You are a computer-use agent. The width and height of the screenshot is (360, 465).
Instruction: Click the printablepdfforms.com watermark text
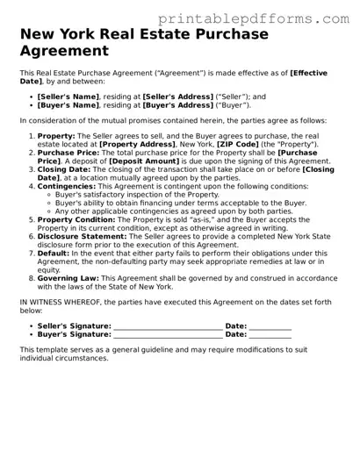pyautogui.click(x=273, y=18)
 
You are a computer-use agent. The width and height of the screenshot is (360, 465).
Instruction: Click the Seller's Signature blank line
pyautogui.click(x=167, y=326)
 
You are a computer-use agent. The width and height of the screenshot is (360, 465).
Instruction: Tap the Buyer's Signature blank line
pyautogui.click(x=167, y=334)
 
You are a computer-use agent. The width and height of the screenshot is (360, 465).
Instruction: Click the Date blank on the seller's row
pyautogui.click(x=270, y=326)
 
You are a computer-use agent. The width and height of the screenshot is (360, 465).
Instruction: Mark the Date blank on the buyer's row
pyautogui.click(x=270, y=334)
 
